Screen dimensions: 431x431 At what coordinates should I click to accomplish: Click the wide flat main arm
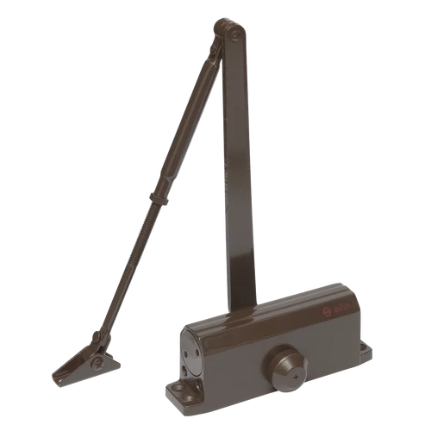237,172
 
